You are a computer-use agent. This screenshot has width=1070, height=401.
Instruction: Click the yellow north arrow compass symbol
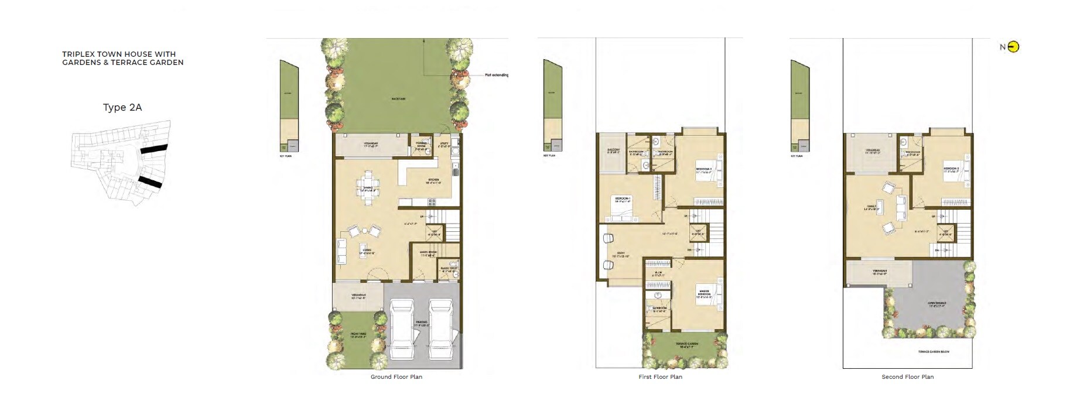[x=1013, y=47]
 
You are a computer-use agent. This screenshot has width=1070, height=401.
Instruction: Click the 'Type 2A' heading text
[x=122, y=107]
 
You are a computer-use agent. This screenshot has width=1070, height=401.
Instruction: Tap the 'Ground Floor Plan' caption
[x=396, y=377]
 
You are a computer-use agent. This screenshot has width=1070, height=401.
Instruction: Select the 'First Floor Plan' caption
[x=660, y=377]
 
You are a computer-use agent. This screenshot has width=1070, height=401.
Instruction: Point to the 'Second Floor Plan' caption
[x=907, y=377]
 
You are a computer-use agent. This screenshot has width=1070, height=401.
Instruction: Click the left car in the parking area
[x=402, y=330]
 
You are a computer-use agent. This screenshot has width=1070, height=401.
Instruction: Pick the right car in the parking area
[x=440, y=330]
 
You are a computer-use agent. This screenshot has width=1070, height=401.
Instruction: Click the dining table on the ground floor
[x=368, y=188]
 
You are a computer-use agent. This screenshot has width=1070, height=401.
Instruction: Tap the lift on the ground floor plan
[x=435, y=233]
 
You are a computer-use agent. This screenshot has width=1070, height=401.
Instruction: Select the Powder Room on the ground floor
[x=421, y=146]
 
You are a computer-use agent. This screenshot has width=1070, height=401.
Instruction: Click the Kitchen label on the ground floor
[x=433, y=181]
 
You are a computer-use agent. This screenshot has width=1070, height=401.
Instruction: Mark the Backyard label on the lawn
[x=398, y=99]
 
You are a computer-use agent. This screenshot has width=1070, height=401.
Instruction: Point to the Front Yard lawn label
[x=358, y=335]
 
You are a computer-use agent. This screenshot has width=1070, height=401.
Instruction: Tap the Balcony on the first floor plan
[x=613, y=152]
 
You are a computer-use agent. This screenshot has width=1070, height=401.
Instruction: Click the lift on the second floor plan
[x=945, y=233]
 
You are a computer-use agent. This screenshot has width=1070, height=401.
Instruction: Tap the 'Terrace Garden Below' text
[x=934, y=352]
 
